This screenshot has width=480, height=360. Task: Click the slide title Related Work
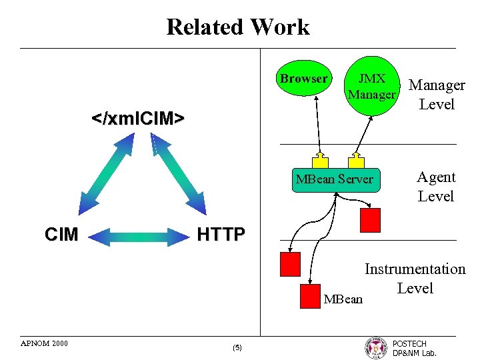pos(238,27)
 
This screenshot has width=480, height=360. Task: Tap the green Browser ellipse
pos(303,79)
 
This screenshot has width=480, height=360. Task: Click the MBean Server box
pos(335,179)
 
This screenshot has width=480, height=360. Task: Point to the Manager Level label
pos(437,95)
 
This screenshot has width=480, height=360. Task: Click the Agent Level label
pos(436,187)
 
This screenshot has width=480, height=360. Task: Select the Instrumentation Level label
pos(415,279)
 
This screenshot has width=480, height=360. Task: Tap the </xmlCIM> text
pos(138,119)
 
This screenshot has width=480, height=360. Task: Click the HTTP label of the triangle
pos(221,234)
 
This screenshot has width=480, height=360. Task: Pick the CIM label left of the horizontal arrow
pos(61,234)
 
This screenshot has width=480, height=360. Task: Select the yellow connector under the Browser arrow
pos(321,161)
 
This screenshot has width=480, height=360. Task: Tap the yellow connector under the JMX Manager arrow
pos(357,161)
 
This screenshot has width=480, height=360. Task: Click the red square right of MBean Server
pos(370,219)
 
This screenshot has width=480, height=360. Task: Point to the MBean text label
pos(343,299)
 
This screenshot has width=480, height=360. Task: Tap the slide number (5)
pos(238,348)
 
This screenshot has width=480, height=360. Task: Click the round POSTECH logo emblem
pos(375,347)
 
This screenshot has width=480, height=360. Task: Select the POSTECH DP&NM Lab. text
pos(414,348)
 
